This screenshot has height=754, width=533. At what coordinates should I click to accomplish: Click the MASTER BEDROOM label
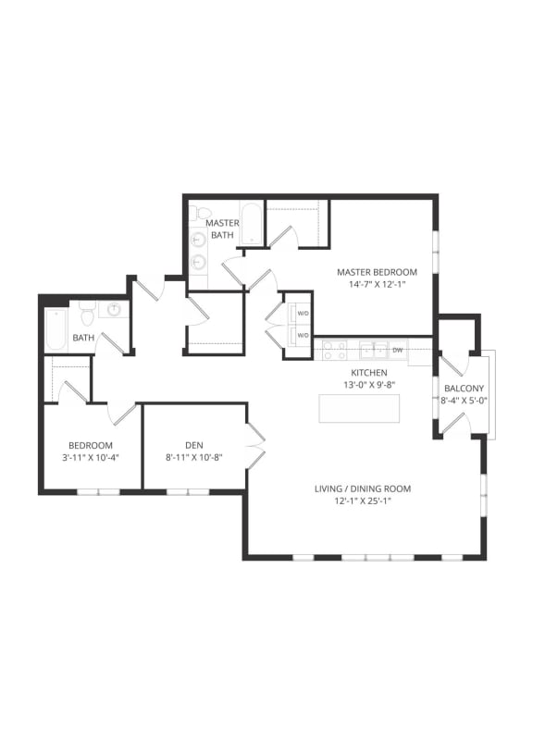pyautogui.click(x=377, y=272)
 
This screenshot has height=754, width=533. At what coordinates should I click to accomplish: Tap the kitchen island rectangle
pyautogui.click(x=359, y=408)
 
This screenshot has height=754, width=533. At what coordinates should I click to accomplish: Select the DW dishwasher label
pyautogui.click(x=397, y=350)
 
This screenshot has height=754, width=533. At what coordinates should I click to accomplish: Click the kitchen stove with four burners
pyautogui.click(x=333, y=350)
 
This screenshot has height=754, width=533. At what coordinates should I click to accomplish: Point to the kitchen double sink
pyautogui.click(x=373, y=350)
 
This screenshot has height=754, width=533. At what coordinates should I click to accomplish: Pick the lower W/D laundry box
pyautogui.click(x=302, y=334)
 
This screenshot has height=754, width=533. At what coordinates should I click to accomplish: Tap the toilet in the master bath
pyautogui.click(x=195, y=215)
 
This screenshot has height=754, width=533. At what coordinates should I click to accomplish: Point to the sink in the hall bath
pyautogui.click(x=116, y=310)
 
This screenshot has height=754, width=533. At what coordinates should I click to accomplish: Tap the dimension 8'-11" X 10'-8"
pyautogui.click(x=193, y=457)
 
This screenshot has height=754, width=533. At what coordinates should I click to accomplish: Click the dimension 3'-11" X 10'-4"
pyautogui.click(x=91, y=457)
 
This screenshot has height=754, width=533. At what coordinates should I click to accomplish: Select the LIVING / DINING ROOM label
pyautogui.click(x=361, y=488)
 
